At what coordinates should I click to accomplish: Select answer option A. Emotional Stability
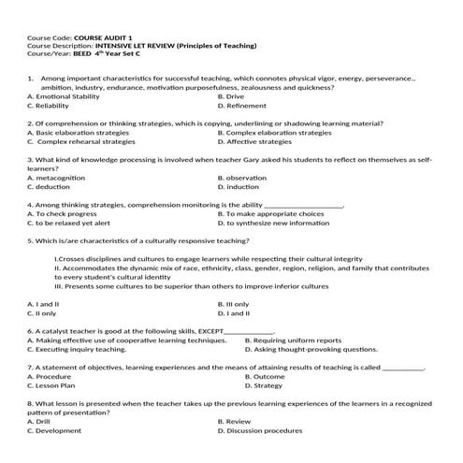pyautogui.click(x=64, y=96)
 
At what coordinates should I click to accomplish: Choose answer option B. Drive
pyautogui.click(x=231, y=96)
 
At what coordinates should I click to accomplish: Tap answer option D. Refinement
pyautogui.click(x=242, y=106)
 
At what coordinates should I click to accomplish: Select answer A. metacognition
pyautogui.click(x=62, y=177)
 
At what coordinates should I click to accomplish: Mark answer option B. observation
pyautogui.click(x=241, y=177)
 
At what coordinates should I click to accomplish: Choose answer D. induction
pyautogui.click(x=238, y=186)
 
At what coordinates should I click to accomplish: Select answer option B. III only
pyautogui.click(x=234, y=303)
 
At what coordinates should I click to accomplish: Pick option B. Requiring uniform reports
pyautogui.click(x=292, y=340)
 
